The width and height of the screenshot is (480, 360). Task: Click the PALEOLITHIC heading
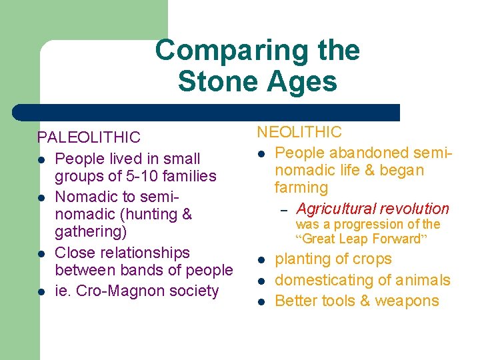pyautogui.click(x=89, y=137)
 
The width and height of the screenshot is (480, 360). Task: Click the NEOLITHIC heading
pyautogui.click(x=299, y=132)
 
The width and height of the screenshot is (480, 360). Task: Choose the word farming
pyautogui.click(x=301, y=188)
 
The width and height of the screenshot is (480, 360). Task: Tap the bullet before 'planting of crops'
pyautogui.click(x=261, y=261)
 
